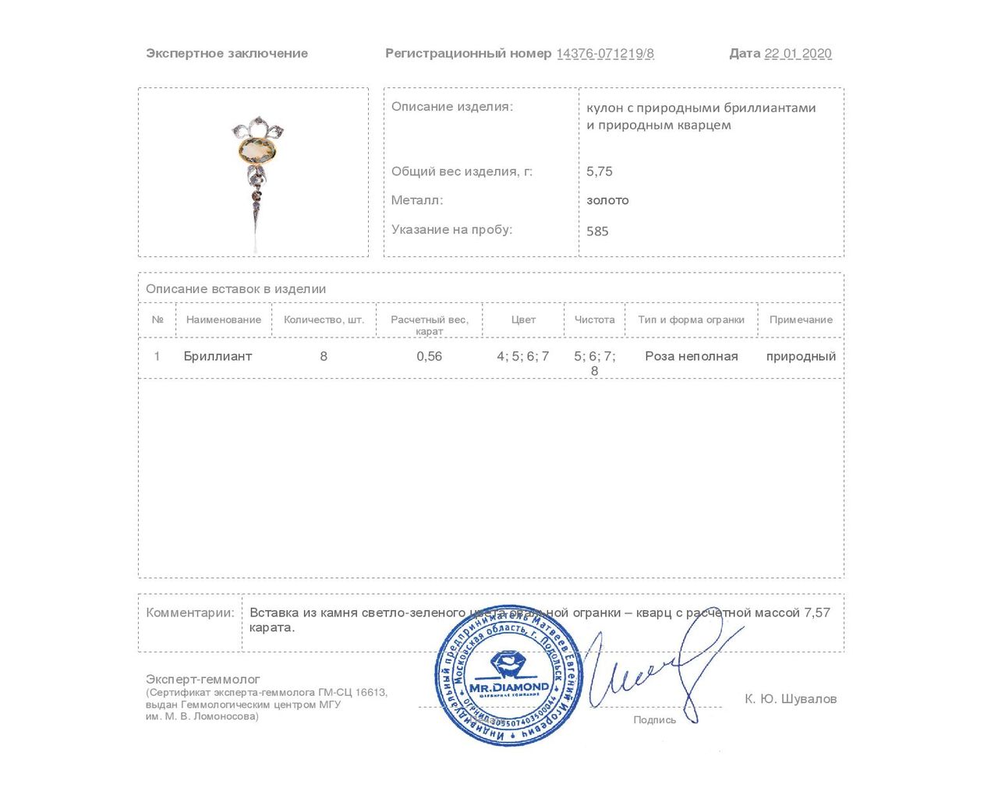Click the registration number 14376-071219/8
point(605,54)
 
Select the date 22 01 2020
point(798,54)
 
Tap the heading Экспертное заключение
point(227,54)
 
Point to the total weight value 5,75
point(600,171)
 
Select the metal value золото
point(607,200)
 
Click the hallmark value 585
point(597,231)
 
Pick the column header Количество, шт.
point(324,320)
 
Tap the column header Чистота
point(594,320)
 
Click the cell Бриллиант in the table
point(218,356)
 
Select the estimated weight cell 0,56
point(429,356)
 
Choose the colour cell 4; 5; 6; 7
point(522,356)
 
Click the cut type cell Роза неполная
point(691,356)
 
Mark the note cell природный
point(801,356)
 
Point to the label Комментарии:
point(190,613)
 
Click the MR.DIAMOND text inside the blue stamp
point(509,687)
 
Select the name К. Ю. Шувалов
point(790,699)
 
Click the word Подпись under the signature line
point(654,720)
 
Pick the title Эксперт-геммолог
point(203,680)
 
